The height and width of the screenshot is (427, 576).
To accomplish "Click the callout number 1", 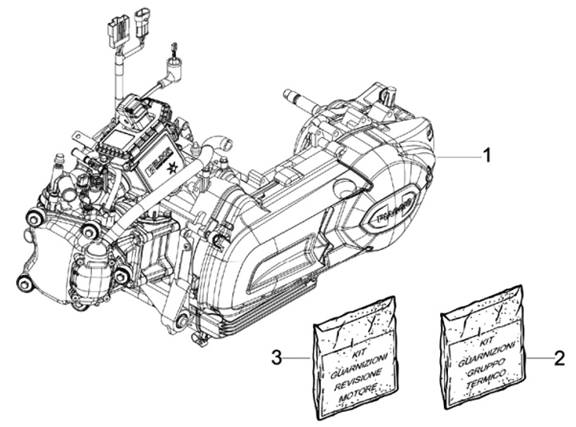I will click(485, 158).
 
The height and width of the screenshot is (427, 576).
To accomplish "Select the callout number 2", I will click(560, 358).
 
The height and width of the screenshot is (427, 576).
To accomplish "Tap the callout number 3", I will click(276, 358).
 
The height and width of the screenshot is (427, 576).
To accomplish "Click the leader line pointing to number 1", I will click(456, 158).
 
